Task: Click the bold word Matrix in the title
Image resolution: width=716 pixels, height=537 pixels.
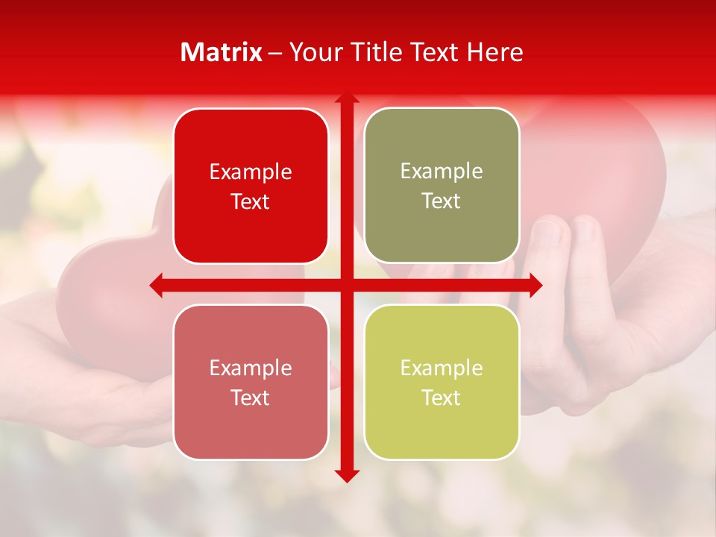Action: pyautogui.click(x=222, y=52)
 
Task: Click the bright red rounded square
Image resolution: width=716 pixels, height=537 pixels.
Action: pyautogui.click(x=251, y=186)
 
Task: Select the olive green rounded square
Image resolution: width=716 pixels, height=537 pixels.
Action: pyautogui.click(x=442, y=186)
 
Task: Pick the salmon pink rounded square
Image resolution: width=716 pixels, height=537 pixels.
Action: pyautogui.click(x=251, y=382)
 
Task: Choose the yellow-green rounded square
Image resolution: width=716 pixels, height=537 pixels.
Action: pyautogui.click(x=442, y=382)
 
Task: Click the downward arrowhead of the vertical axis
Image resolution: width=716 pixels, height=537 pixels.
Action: pyautogui.click(x=346, y=475)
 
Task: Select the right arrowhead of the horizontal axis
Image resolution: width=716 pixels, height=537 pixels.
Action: pyautogui.click(x=536, y=285)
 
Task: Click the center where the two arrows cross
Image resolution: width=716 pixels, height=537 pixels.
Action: pyautogui.click(x=346, y=285)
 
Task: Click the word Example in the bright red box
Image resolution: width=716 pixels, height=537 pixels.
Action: pyautogui.click(x=251, y=172)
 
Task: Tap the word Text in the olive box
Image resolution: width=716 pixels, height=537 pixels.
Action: pyautogui.click(x=442, y=201)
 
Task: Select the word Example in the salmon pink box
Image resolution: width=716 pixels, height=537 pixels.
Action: pyautogui.click(x=251, y=368)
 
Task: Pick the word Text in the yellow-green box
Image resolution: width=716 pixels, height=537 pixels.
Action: pyautogui.click(x=442, y=398)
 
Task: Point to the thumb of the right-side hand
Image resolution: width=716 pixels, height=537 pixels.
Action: pyautogui.click(x=548, y=239)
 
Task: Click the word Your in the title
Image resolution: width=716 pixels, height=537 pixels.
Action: pyautogui.click(x=313, y=52)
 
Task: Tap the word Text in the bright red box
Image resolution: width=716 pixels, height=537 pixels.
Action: pyautogui.click(x=251, y=202)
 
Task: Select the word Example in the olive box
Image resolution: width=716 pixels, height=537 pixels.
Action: pyautogui.click(x=442, y=172)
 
